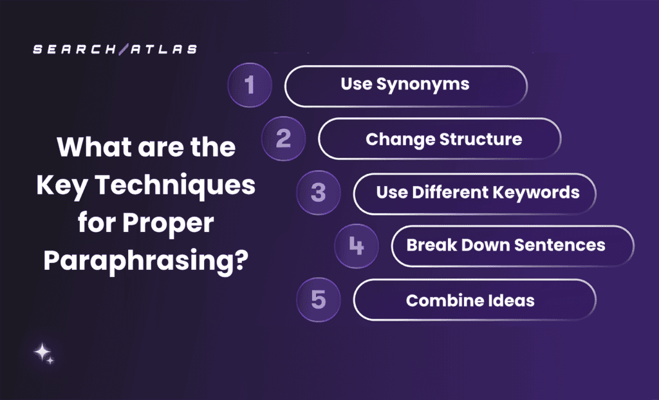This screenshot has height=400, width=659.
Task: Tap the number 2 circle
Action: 283,138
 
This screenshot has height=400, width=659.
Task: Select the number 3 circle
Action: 318,193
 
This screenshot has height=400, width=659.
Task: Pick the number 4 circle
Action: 356,245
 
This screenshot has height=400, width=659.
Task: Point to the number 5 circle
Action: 318,300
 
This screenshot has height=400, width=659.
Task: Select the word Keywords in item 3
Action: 543,193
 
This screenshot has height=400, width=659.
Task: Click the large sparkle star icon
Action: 42,352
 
